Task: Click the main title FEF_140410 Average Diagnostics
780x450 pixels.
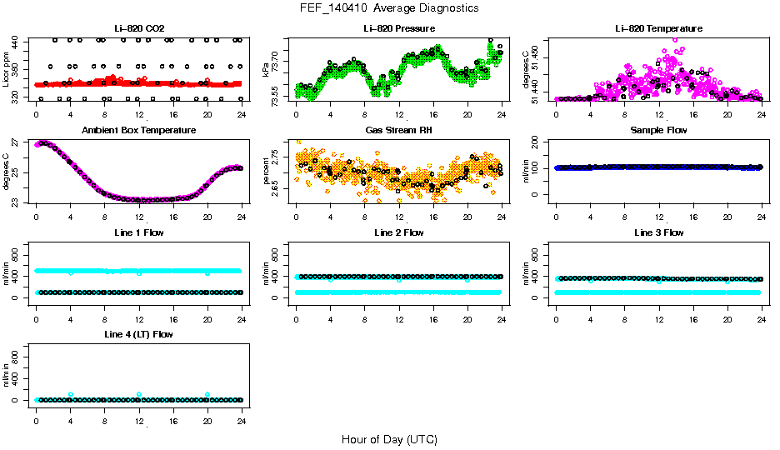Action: tap(390, 7)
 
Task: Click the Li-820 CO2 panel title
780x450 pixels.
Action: tap(138, 28)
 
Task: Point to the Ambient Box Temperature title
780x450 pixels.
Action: tap(138, 130)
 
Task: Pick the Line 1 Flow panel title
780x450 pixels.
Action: tap(138, 232)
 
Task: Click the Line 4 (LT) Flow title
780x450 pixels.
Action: tap(138, 334)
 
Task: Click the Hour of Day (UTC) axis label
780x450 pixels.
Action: tap(389, 439)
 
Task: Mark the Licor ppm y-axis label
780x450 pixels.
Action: tap(6, 69)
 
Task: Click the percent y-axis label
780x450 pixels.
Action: tap(266, 171)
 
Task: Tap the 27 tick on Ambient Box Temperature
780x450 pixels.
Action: tap(16, 144)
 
